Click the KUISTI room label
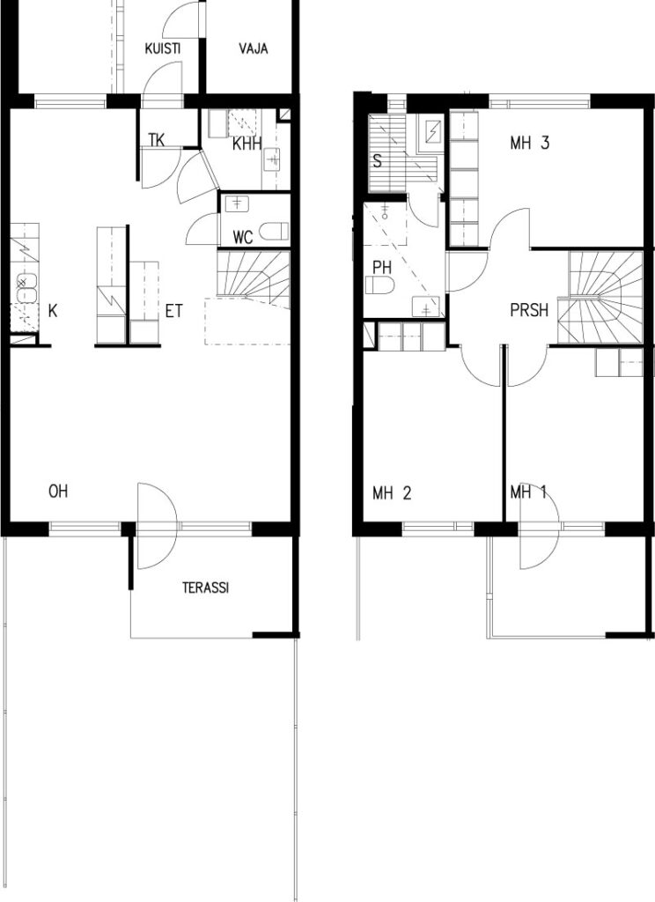162,48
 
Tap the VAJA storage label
253,48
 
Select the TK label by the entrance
157,140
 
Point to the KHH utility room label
247,144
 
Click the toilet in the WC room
274,232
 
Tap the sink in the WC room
236,203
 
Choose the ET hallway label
173,311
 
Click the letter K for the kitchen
53,311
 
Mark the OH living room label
58,492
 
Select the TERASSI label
205,588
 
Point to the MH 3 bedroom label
529,143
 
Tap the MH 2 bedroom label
392,493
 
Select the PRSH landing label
529,311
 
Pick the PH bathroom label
382,268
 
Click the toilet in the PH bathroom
380,285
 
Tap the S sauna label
378,160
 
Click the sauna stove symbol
433,133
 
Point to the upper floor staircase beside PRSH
605,298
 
